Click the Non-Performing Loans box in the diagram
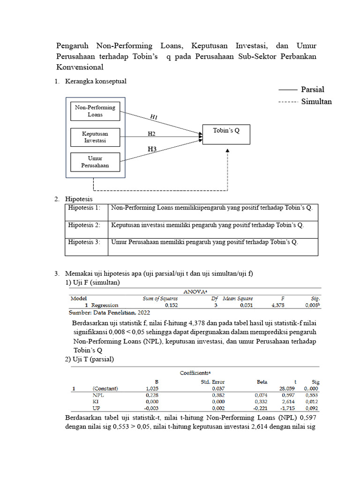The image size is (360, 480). [x=95, y=111]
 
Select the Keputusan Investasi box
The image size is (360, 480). [x=95, y=137]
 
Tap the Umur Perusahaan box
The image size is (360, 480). [x=95, y=162]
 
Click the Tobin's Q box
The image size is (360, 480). [x=226, y=134]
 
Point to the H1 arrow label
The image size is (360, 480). [x=154, y=117]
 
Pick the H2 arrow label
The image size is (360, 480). [x=151, y=134]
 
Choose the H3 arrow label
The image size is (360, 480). [x=152, y=150]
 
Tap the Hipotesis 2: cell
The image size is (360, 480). [x=84, y=225]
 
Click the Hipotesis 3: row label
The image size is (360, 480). [x=84, y=242]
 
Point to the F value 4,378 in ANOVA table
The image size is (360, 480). [x=278, y=305]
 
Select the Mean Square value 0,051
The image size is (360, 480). [x=246, y=305]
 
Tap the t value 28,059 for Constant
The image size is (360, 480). [x=288, y=389]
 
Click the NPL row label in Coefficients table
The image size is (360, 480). [x=98, y=395]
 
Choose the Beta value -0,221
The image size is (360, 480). [x=261, y=409]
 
